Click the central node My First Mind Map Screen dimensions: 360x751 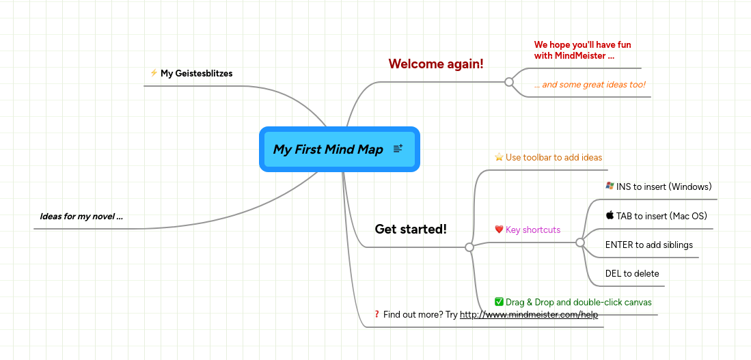point(328,150)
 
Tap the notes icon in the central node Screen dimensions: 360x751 point(398,149)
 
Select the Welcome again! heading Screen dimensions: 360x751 point(436,64)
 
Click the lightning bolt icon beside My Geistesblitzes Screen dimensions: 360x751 point(154,73)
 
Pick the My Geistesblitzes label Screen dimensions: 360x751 point(196,73)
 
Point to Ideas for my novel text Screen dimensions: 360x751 point(81,217)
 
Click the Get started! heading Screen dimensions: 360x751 point(411,230)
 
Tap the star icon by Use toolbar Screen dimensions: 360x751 point(499,157)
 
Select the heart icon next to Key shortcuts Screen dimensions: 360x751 point(499,230)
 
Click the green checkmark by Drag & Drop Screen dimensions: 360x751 point(499,302)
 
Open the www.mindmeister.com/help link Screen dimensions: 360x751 point(529,315)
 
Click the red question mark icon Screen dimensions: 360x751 point(377,314)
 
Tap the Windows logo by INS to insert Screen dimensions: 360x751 point(610,186)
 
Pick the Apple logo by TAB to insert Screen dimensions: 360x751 point(610,215)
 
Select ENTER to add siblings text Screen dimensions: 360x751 point(648,245)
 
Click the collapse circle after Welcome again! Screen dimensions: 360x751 point(508,82)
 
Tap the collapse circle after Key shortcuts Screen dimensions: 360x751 point(580,243)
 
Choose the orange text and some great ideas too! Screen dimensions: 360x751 point(590,85)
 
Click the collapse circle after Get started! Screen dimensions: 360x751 point(469,247)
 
